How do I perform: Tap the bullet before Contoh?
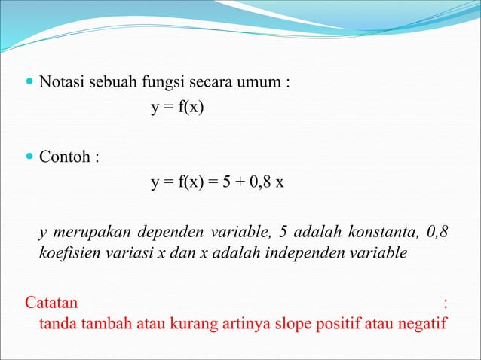point(29,160)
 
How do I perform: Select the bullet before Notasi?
point(29,81)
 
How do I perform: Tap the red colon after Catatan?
point(447,304)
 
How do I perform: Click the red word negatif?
point(421,325)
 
